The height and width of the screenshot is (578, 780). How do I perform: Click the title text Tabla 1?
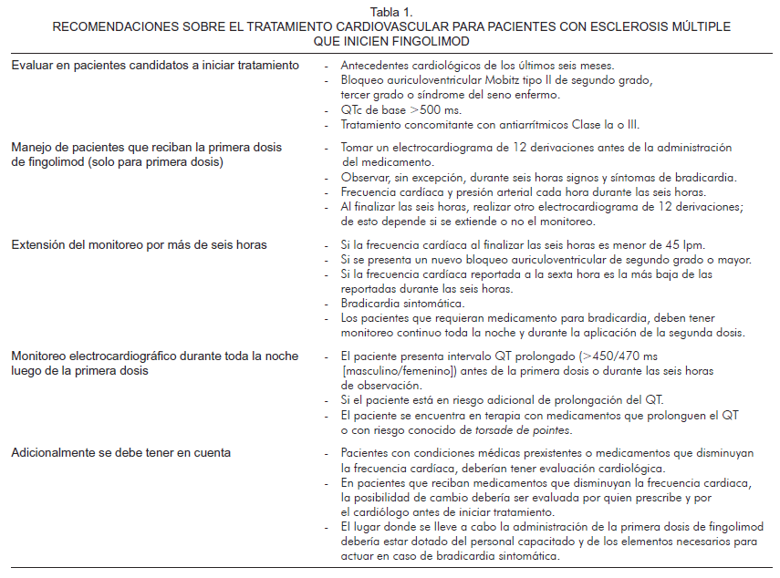point(390,12)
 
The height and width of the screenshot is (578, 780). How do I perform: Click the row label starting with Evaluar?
point(155,67)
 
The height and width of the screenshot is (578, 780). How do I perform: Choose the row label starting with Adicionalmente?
point(120,453)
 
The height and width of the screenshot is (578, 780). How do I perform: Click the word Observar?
point(364,176)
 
